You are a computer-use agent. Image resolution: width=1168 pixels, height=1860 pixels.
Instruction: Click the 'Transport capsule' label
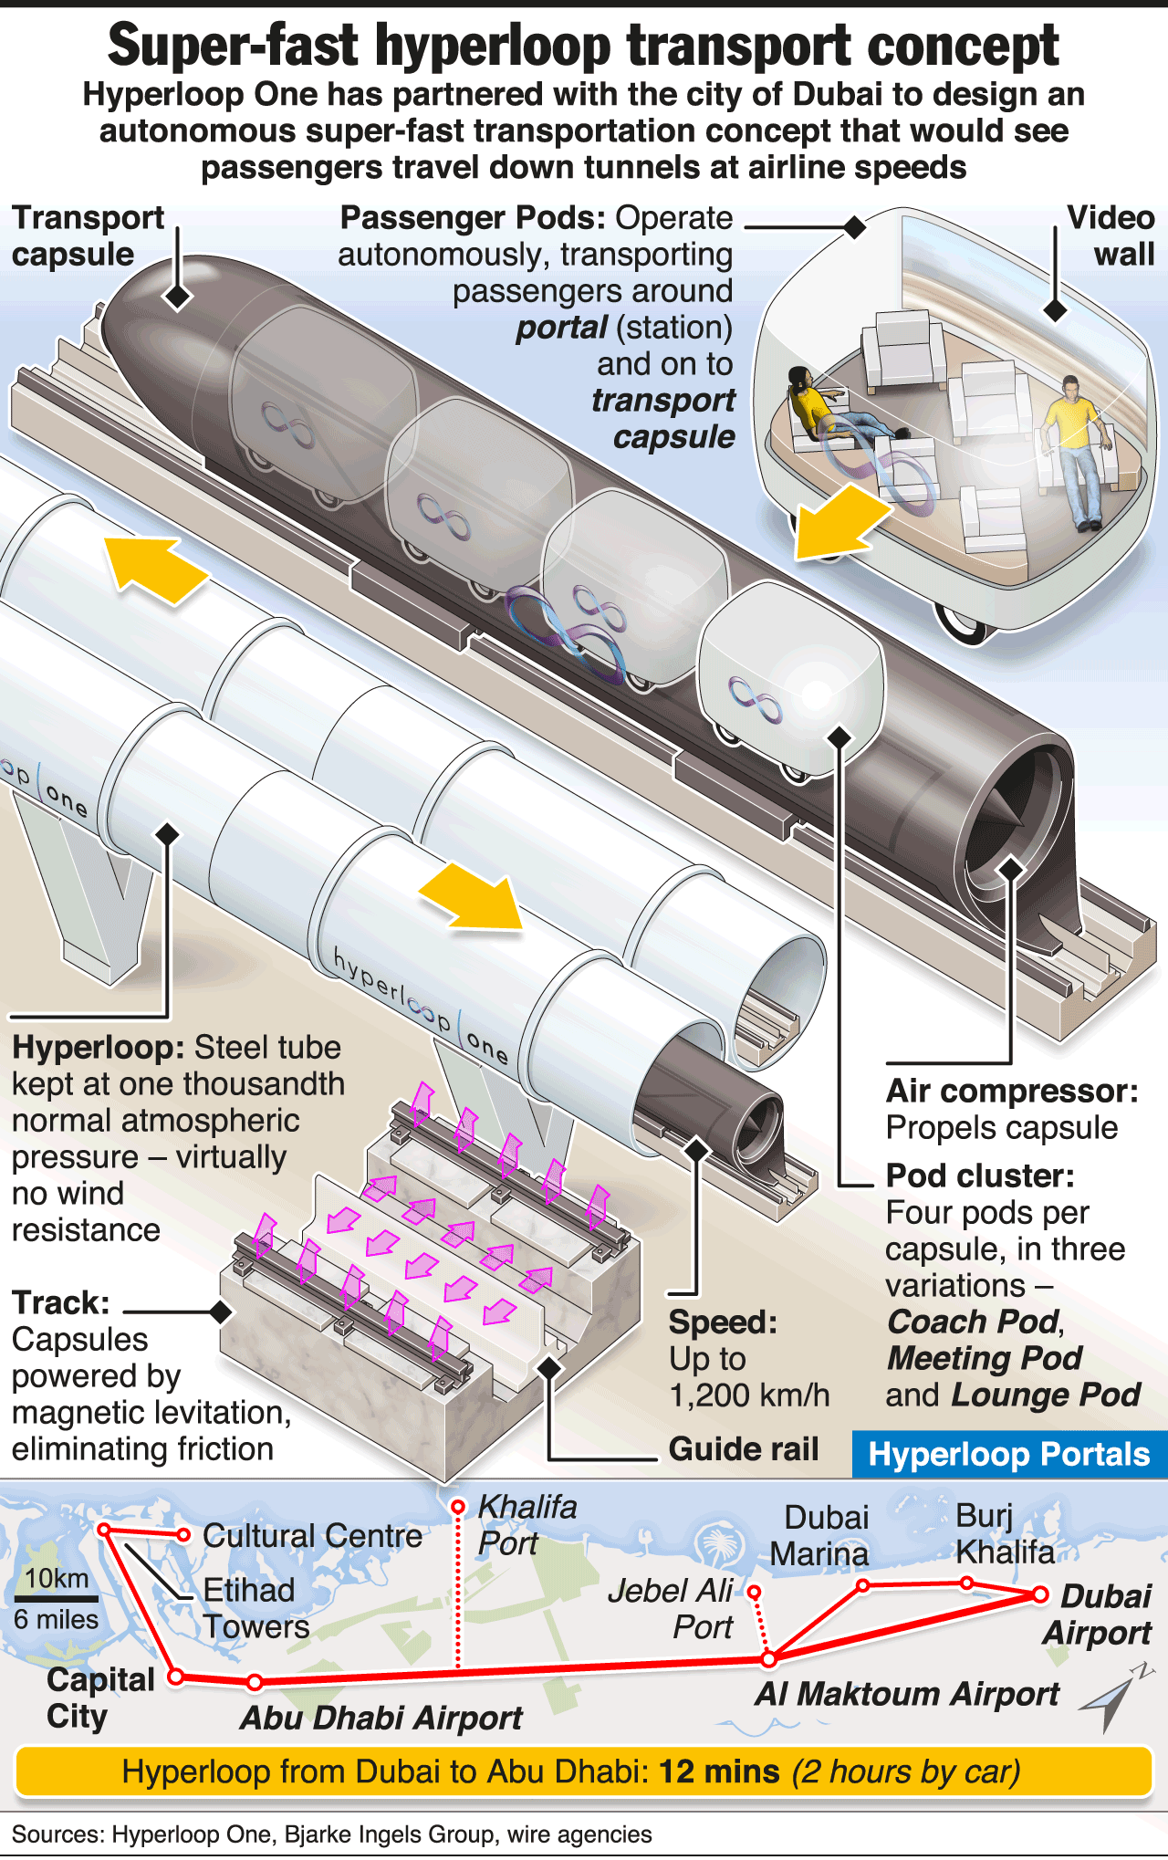pyautogui.click(x=88, y=235)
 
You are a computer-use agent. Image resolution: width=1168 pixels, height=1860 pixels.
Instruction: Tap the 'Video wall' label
pyautogui.click(x=1111, y=235)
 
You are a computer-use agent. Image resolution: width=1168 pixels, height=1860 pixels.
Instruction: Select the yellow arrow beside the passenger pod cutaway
pyautogui.click(x=840, y=522)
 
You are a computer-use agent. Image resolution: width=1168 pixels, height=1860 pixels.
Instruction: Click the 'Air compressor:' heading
pyautogui.click(x=1012, y=1091)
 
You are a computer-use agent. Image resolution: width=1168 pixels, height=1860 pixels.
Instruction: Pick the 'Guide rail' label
pyautogui.click(x=743, y=1448)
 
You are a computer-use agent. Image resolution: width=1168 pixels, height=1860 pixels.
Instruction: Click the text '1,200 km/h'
pyautogui.click(x=749, y=1395)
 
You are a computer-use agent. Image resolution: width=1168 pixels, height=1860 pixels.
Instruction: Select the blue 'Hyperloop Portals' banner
pyautogui.click(x=1008, y=1454)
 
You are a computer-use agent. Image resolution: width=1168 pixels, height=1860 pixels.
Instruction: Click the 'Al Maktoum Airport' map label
pyautogui.click(x=907, y=1694)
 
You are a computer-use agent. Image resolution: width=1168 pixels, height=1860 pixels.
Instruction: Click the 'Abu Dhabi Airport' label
pyautogui.click(x=381, y=1718)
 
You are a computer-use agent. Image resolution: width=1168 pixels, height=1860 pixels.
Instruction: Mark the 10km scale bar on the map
pyautogui.click(x=57, y=1598)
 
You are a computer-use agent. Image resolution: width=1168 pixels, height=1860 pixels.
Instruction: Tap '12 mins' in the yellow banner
pyautogui.click(x=719, y=1771)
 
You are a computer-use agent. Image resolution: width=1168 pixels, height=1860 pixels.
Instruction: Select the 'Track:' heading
pyautogui.click(x=61, y=1302)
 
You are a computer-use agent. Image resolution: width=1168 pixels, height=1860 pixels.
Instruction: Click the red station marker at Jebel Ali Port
pyautogui.click(x=754, y=1592)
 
